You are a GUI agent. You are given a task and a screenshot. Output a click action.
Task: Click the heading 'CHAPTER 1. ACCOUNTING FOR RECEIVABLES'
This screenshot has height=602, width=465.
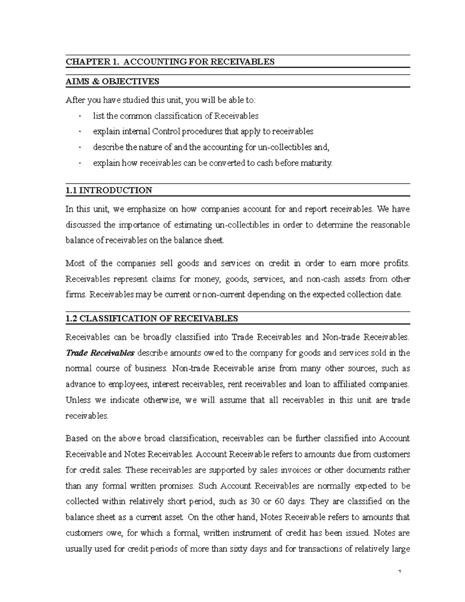click(170, 62)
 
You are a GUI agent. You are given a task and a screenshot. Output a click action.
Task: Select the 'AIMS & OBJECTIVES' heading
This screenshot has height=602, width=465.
click(112, 81)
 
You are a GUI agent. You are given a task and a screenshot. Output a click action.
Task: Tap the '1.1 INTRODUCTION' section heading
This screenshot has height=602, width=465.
click(109, 190)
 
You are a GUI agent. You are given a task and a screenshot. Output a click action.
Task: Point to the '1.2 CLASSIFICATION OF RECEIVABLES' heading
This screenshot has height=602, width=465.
click(152, 319)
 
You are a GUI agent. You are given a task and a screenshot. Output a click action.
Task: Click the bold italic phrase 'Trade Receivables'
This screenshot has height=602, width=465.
click(100, 353)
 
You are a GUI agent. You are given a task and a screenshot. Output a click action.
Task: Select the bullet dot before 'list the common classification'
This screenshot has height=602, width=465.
click(79, 116)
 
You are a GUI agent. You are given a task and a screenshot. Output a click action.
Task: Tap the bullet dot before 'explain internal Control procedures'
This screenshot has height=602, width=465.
click(79, 132)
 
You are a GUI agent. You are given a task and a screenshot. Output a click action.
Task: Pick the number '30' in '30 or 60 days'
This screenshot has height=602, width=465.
click(255, 501)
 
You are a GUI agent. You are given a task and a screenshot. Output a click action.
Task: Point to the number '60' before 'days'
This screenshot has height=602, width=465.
click(279, 501)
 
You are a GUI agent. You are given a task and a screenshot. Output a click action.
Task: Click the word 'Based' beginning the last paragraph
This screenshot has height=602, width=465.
click(76, 438)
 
